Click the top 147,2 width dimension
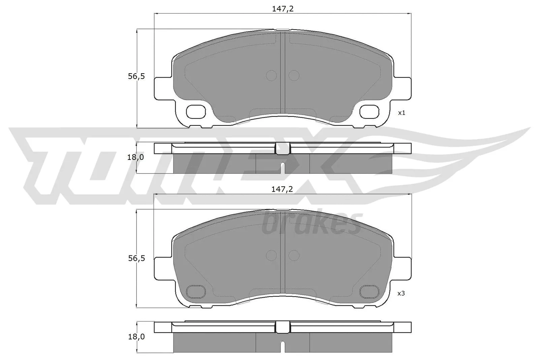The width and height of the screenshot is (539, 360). (283, 9)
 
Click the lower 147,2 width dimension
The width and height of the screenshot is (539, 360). (282, 189)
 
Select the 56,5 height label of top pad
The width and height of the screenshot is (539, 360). (136, 76)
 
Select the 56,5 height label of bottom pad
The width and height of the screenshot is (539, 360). (136, 258)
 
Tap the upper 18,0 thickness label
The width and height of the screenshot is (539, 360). (136, 157)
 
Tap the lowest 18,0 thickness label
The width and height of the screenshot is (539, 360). (136, 336)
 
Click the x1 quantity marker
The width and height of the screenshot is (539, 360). (401, 113)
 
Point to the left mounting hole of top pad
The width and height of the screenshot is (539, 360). (196, 111)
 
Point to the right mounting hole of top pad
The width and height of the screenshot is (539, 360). (370, 111)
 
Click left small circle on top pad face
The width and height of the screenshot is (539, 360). (271, 76)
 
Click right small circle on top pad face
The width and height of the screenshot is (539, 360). (294, 76)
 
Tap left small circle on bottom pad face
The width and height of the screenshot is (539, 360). (271, 255)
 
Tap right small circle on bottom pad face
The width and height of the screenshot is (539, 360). (294, 255)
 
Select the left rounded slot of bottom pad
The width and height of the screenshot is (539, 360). (196, 291)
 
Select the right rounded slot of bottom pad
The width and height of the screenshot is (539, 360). (370, 291)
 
